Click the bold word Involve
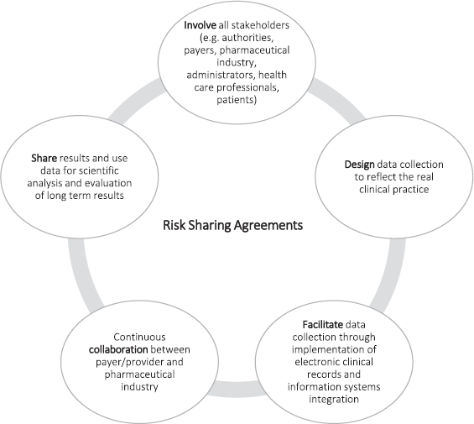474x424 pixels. pyautogui.click(x=200, y=25)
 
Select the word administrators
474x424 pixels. pyautogui.click(x=221, y=75)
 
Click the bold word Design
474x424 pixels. pyautogui.click(x=359, y=165)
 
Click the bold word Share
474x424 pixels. pyautogui.click(x=44, y=158)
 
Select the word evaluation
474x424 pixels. pyautogui.click(x=108, y=183)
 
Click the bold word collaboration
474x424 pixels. pyautogui.click(x=118, y=349)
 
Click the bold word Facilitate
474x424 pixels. pyautogui.click(x=323, y=324)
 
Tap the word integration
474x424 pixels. pyautogui.click(x=334, y=399)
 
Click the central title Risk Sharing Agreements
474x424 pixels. pyautogui.click(x=232, y=226)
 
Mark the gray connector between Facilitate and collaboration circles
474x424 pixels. pyautogui.click(x=237, y=389)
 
